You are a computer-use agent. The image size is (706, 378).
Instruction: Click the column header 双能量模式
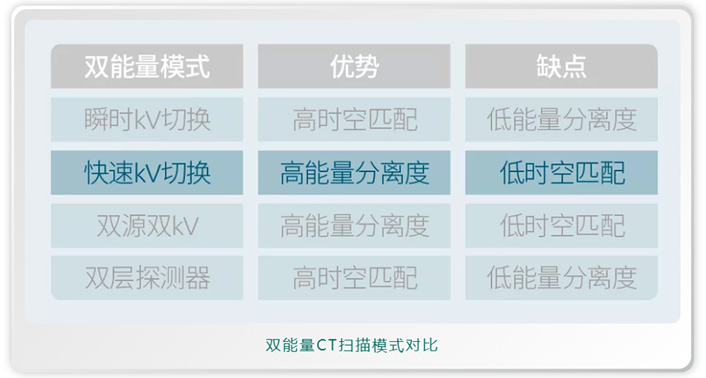coord(147,66)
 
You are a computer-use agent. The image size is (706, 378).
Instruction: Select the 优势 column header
coord(354,66)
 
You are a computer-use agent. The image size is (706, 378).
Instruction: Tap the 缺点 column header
coord(562,66)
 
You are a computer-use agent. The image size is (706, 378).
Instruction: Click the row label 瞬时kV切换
coord(147,119)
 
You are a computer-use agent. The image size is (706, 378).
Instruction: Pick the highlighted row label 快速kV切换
coord(147,173)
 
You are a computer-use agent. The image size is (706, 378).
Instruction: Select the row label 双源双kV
coord(147,225)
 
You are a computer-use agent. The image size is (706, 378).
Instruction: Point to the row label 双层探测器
coord(147,278)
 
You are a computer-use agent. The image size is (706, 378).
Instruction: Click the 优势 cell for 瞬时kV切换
coord(354,119)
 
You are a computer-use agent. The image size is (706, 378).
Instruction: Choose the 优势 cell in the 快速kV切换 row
coord(354,173)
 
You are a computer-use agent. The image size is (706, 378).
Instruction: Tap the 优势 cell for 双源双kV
coord(354,225)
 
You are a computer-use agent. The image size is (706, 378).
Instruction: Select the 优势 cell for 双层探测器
coord(354,278)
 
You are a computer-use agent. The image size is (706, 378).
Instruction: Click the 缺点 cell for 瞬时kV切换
coord(562,119)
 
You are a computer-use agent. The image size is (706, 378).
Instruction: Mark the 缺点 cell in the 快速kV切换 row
coord(562,173)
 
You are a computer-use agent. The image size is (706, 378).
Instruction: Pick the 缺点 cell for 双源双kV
coord(562,225)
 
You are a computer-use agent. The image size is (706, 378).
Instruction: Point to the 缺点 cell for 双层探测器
coord(562,278)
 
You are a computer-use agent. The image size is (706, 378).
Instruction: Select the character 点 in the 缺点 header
coord(574,66)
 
